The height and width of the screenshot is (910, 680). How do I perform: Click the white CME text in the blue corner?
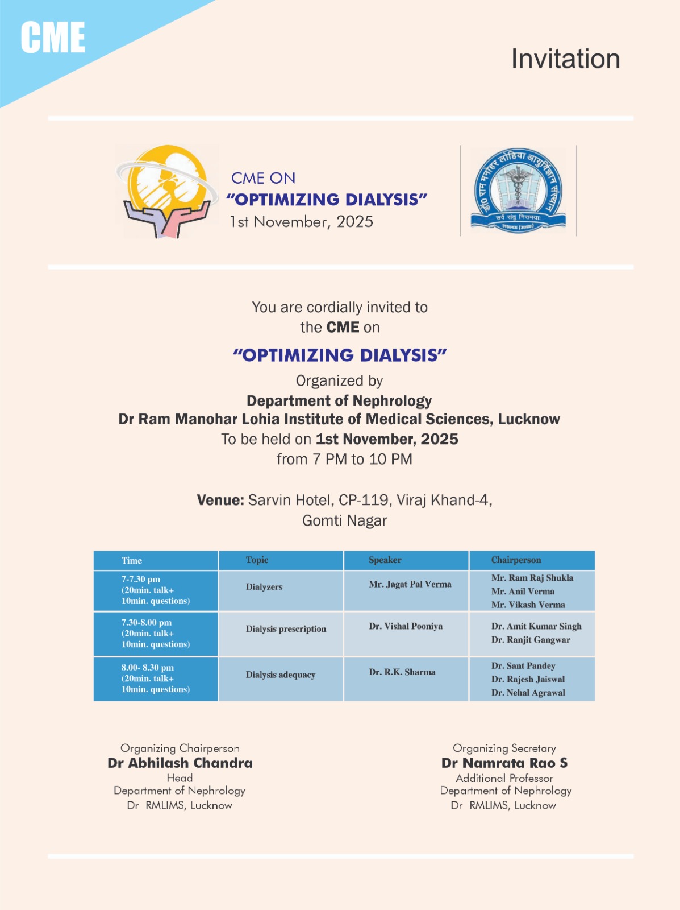(53, 38)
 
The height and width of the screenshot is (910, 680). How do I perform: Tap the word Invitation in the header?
(565, 59)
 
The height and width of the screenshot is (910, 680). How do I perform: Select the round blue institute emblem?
(518, 191)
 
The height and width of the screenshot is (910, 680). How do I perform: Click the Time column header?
(132, 561)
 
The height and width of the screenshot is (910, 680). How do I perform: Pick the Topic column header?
(257, 560)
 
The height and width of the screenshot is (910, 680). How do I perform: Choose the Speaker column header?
(385, 560)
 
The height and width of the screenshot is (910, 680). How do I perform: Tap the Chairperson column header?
(516, 560)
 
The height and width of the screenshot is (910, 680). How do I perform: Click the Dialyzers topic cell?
(264, 587)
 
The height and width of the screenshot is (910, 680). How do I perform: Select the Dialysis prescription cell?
(286, 629)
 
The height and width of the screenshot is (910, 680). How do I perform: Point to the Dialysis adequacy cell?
(281, 675)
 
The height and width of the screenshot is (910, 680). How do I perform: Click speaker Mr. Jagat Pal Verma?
(410, 585)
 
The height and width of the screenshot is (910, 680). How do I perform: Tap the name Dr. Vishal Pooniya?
(406, 627)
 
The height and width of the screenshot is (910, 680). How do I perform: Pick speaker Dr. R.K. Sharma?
(402, 672)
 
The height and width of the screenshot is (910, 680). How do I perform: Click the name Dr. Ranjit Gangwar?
(531, 640)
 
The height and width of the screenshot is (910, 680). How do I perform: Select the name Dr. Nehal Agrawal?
(528, 693)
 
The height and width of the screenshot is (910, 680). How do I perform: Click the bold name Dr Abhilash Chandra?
(180, 763)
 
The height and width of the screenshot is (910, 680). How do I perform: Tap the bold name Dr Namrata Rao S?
(504, 763)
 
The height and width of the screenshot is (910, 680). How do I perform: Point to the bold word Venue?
(220, 500)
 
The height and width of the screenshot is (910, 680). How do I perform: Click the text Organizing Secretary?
(504, 748)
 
